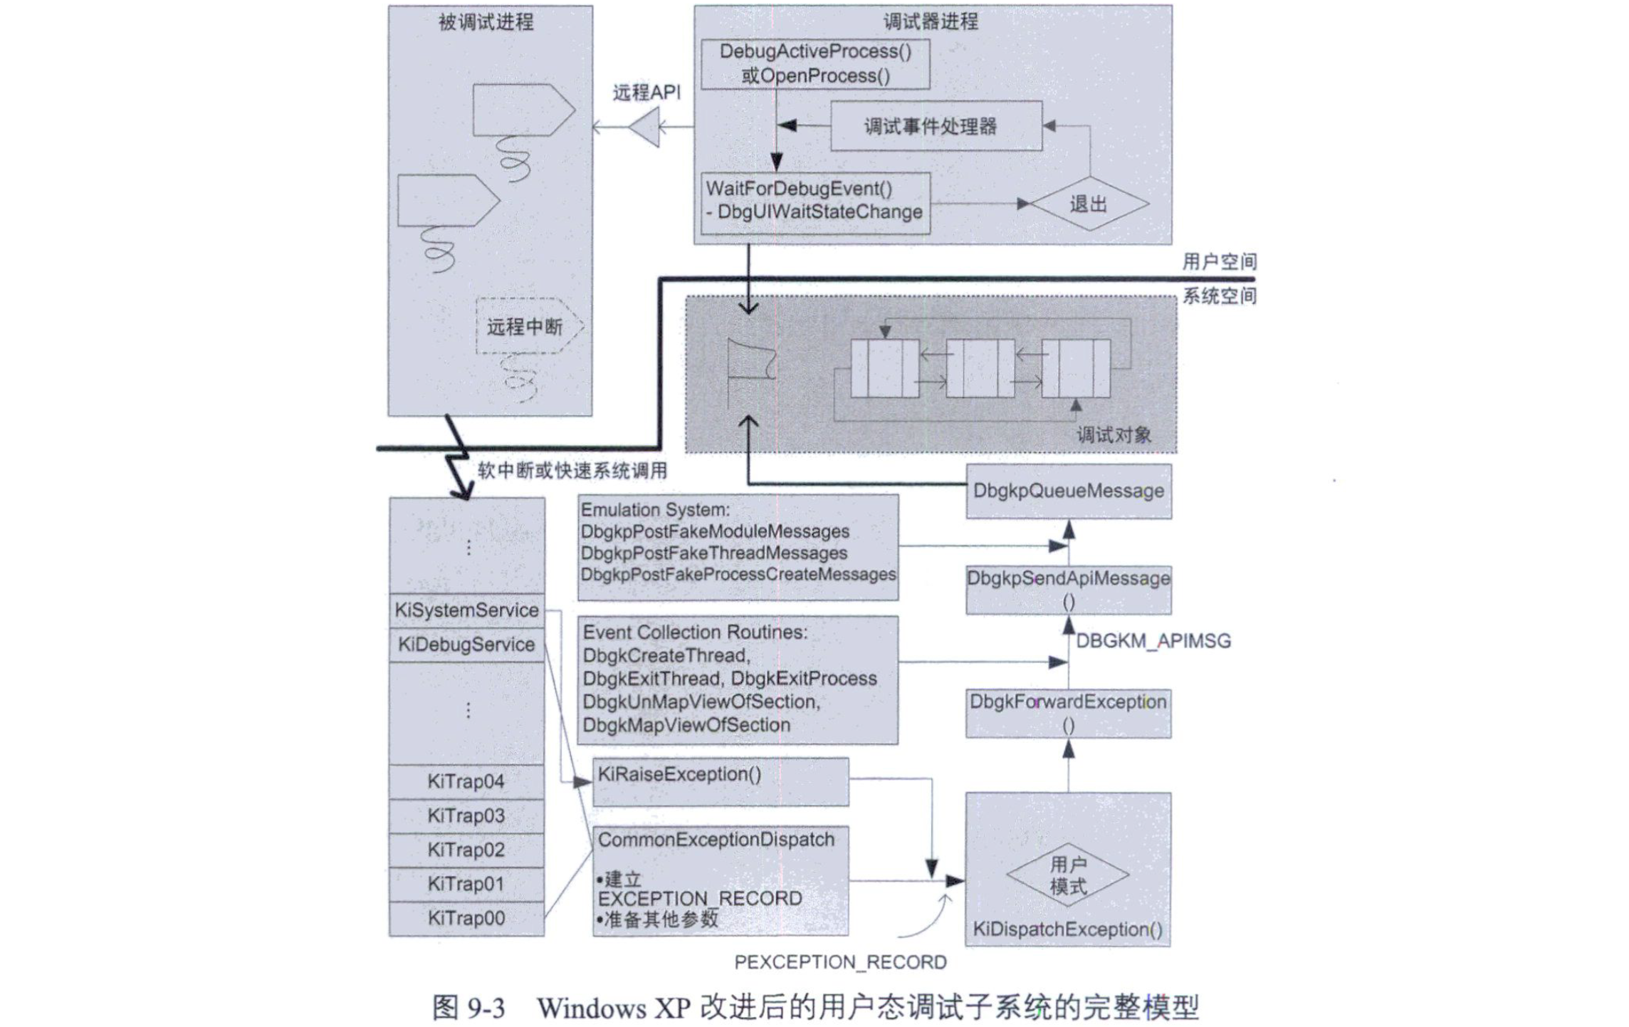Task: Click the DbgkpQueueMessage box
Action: point(1068,491)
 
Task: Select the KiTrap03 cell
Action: point(466,815)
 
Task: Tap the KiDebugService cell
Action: point(466,645)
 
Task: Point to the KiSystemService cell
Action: point(466,610)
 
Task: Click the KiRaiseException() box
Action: point(720,781)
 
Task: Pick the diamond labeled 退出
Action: point(1089,204)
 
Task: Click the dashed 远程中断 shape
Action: point(527,327)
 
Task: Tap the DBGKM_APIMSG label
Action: point(1153,641)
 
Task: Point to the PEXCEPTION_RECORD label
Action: point(840,962)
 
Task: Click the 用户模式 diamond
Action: point(1068,875)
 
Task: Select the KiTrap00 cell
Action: point(466,918)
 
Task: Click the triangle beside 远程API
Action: point(646,128)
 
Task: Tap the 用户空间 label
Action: point(1219,262)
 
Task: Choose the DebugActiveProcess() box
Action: point(815,64)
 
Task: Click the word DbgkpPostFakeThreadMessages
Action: point(713,553)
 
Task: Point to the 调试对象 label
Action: point(1114,435)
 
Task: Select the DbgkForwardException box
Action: point(1068,713)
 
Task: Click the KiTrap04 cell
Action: point(466,781)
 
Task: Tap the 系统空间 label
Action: point(1219,296)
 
